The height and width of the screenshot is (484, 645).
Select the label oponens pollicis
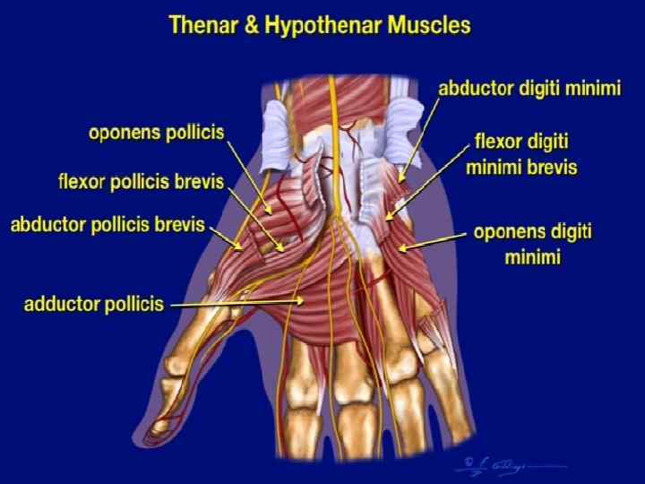156,134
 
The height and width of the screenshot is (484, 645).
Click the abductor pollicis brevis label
107,224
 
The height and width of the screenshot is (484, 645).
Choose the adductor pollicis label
93,304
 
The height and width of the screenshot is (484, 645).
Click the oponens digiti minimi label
534,245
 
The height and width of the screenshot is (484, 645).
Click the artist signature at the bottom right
488,463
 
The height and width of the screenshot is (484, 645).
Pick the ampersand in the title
254,26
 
